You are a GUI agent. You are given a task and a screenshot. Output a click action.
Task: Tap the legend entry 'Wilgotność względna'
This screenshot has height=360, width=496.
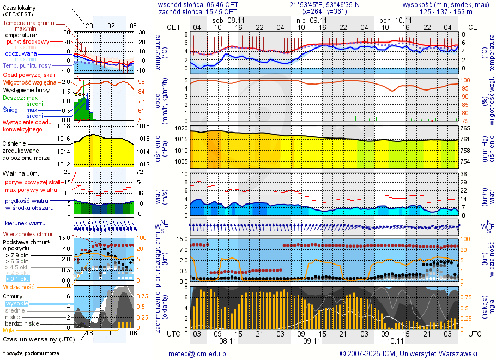[x=29, y=82]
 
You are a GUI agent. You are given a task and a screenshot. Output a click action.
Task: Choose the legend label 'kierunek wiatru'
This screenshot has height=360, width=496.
[x=25, y=223]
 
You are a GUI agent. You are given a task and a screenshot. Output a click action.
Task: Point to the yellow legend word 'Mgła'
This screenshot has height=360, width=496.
[x=9, y=330]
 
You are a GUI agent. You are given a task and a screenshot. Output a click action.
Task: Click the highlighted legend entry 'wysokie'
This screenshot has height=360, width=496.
[x=16, y=303]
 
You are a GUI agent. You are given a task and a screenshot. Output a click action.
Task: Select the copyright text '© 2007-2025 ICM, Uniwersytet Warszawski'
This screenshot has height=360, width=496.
[x=408, y=353]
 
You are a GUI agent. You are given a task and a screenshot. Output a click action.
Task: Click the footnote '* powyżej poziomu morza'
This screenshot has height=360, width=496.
[x=31, y=353]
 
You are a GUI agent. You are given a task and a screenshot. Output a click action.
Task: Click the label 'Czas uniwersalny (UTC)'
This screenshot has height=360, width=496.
[x=38, y=339]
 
